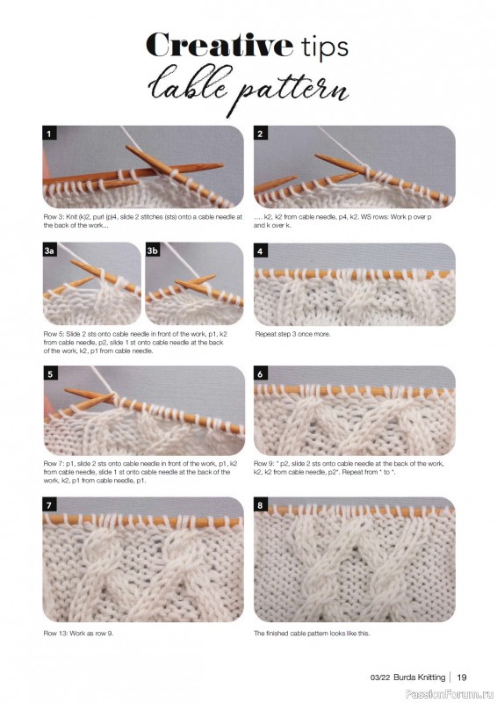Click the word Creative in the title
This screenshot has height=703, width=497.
point(220,45)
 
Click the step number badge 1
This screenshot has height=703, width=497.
point(49,134)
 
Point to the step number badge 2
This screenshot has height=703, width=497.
point(261,134)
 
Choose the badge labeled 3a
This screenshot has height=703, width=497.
point(49,250)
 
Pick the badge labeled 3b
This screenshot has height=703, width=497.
point(153,250)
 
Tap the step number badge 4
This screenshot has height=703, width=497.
point(261,251)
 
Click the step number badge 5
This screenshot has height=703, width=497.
point(50,373)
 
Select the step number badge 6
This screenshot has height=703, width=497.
point(261,373)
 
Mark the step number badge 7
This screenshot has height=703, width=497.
point(49,505)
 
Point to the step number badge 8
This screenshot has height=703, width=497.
point(261,505)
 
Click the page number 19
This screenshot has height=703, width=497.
point(462,677)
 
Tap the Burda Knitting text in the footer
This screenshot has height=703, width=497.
point(420,677)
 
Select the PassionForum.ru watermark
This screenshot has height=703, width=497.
point(450,694)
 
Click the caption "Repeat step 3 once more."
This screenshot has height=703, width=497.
point(292,334)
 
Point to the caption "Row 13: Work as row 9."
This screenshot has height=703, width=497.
point(78,634)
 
